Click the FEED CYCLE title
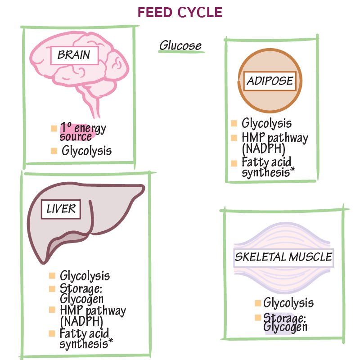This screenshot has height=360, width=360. pos(180,12)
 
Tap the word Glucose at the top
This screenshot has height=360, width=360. pos(180,46)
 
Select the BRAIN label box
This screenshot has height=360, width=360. pos(74,55)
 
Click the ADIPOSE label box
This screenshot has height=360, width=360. pos(270,81)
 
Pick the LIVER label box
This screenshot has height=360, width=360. pos(61,209)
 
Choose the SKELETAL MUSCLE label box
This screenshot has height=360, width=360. pos(283,257)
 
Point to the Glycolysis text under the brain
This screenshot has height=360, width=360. pos(86,151)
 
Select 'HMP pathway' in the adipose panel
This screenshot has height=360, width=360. pos(274,137)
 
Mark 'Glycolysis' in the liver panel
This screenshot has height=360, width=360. pos(85,275)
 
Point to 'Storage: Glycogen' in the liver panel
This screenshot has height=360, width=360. pos(82,293)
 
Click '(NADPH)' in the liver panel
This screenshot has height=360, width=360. pos(81,321)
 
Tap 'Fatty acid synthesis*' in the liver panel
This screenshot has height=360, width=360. pos(86,338)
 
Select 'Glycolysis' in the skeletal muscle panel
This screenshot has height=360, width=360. pos(288,303)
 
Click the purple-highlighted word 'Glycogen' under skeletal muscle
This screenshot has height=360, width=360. pos(285,327)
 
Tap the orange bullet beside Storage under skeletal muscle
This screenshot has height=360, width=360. pos(258,318)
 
